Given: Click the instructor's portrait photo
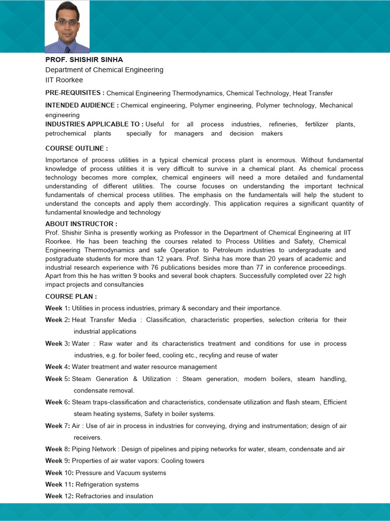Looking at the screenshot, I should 67,26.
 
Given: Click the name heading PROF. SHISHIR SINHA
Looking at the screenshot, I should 84,60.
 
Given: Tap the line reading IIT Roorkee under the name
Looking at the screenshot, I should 64,80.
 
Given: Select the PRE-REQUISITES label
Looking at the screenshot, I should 75,93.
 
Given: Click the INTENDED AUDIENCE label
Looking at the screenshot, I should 82,105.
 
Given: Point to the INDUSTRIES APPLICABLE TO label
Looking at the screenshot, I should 94,124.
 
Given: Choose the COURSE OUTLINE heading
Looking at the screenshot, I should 76,148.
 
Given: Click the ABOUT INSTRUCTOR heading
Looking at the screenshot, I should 81,224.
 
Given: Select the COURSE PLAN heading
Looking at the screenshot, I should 71,296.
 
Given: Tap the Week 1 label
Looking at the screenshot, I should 57,308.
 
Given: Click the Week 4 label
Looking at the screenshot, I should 57,366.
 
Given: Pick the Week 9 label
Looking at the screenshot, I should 57,460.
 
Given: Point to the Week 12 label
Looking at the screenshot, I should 59,496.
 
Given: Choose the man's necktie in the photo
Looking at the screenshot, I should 67,49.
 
